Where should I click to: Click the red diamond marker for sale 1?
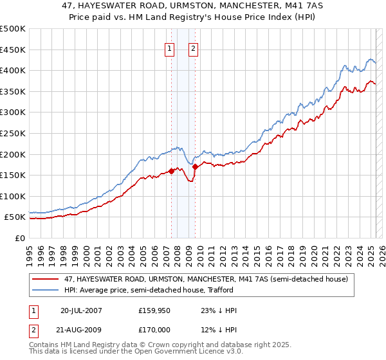pyautogui.click(x=171, y=171)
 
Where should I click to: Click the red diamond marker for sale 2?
pyautogui.click(x=195, y=167)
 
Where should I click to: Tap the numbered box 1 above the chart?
pyautogui.click(x=169, y=48)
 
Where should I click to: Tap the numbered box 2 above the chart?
pyautogui.click(x=193, y=48)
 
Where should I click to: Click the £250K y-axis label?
pyautogui.click(x=13, y=133)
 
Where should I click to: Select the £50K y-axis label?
pyautogui.click(x=15, y=217)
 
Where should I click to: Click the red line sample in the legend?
pyautogui.click(x=46, y=280)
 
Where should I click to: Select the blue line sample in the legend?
pyautogui.click(x=46, y=290)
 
